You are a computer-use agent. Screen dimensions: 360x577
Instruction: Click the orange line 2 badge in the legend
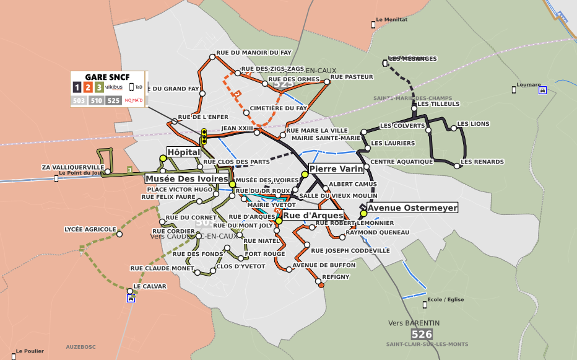(x=88, y=87)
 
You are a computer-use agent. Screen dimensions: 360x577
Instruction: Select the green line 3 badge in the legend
(x=99, y=87)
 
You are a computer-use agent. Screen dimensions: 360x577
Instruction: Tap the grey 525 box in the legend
(x=113, y=100)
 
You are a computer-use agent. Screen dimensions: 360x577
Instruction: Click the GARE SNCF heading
(x=107, y=77)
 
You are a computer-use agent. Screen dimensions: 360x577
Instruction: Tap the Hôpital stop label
(x=184, y=152)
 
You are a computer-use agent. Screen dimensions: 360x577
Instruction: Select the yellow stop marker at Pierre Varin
(x=305, y=174)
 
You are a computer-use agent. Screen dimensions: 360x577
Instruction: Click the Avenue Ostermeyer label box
(x=412, y=208)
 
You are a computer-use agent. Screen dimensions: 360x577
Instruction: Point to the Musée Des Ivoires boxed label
(x=187, y=178)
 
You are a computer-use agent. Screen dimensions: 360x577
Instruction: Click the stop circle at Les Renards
(x=457, y=165)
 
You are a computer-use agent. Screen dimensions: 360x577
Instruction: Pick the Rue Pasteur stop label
(x=352, y=77)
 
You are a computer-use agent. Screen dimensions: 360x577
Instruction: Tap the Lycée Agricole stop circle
(x=119, y=234)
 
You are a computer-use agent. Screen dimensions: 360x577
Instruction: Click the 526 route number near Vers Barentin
(x=422, y=335)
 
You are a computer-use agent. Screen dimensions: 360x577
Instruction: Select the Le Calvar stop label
(x=150, y=286)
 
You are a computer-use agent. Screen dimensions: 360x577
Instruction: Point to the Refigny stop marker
(x=320, y=284)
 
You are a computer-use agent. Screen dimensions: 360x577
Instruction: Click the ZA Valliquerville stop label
(x=72, y=167)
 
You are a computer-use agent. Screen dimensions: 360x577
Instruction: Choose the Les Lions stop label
(x=473, y=124)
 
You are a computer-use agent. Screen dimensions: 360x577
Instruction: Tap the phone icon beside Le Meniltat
(x=373, y=24)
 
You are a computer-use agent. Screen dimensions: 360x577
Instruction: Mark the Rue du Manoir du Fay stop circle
(x=212, y=56)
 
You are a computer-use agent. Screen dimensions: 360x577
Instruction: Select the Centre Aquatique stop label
(x=401, y=162)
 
